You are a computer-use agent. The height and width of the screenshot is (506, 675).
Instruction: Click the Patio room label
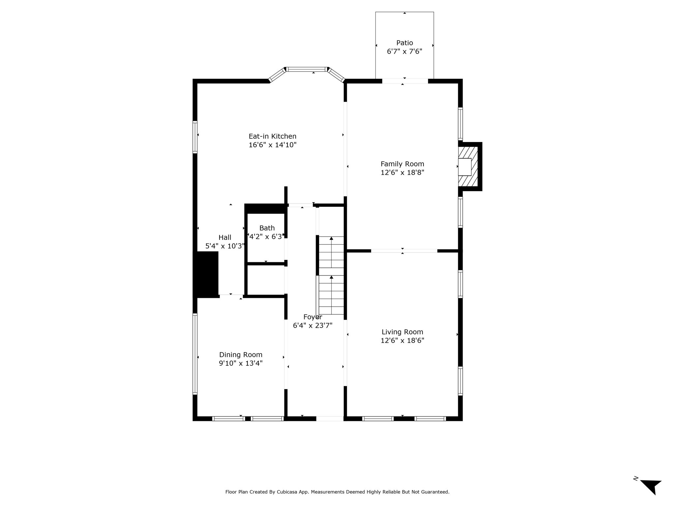click(404, 43)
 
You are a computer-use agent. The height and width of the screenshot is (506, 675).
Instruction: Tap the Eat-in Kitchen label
click(273, 136)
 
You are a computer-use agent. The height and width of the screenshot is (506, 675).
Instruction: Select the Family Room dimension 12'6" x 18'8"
click(402, 172)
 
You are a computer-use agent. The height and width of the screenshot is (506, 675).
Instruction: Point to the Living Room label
click(402, 332)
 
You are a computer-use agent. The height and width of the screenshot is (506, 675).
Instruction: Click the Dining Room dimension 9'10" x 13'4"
click(241, 363)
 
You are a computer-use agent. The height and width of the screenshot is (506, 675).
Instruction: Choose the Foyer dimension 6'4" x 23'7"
click(312, 325)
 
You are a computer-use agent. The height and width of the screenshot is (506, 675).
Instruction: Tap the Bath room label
click(267, 228)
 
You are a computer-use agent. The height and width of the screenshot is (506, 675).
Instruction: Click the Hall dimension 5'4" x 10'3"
click(225, 246)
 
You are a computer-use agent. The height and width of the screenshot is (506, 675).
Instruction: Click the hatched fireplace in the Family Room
click(468, 167)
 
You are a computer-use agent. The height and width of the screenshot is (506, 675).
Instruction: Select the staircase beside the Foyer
click(331, 275)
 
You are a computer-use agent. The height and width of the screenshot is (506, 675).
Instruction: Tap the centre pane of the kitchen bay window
click(307, 69)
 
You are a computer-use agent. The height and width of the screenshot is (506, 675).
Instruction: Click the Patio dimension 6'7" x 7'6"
click(404, 51)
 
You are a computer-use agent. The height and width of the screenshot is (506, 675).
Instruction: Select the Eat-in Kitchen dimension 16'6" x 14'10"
click(273, 145)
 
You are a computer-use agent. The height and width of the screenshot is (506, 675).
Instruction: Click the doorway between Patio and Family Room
click(405, 81)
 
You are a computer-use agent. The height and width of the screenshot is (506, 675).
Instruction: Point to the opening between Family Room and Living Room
click(404, 251)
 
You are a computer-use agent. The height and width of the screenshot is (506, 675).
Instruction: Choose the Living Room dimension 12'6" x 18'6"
click(402, 341)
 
